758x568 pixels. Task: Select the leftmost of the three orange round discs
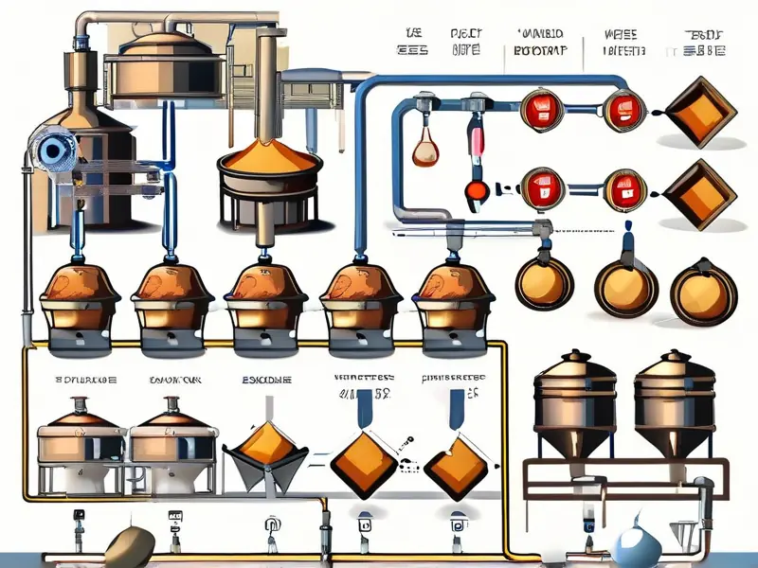543,280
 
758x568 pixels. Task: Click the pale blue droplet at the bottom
626,548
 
